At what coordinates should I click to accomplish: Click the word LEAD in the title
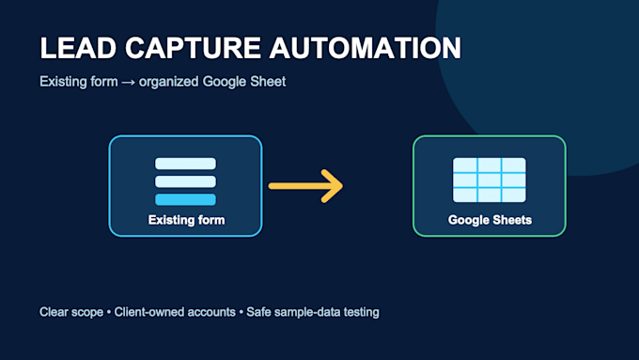click(x=78, y=48)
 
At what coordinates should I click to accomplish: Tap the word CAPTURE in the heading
click(x=193, y=48)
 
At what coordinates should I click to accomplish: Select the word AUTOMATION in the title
click(x=366, y=48)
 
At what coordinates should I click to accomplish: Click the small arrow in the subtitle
click(x=128, y=83)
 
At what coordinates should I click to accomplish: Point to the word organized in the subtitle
click(x=169, y=82)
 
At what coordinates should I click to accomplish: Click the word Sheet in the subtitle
click(x=268, y=82)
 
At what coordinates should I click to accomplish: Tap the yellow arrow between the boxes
click(x=305, y=186)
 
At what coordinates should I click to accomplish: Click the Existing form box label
click(x=186, y=220)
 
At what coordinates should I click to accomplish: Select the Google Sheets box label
click(x=490, y=220)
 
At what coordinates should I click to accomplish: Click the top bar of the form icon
click(x=185, y=164)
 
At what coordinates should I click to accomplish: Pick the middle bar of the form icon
click(x=185, y=181)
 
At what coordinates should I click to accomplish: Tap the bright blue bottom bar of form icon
click(x=185, y=199)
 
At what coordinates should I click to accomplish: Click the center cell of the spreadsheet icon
click(x=490, y=180)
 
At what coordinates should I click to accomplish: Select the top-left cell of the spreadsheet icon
click(x=465, y=165)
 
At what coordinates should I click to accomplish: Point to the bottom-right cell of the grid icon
click(x=514, y=195)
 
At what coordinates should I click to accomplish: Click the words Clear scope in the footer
click(x=71, y=312)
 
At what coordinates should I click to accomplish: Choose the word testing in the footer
click(x=362, y=312)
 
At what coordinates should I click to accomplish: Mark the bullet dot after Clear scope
click(x=109, y=313)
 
